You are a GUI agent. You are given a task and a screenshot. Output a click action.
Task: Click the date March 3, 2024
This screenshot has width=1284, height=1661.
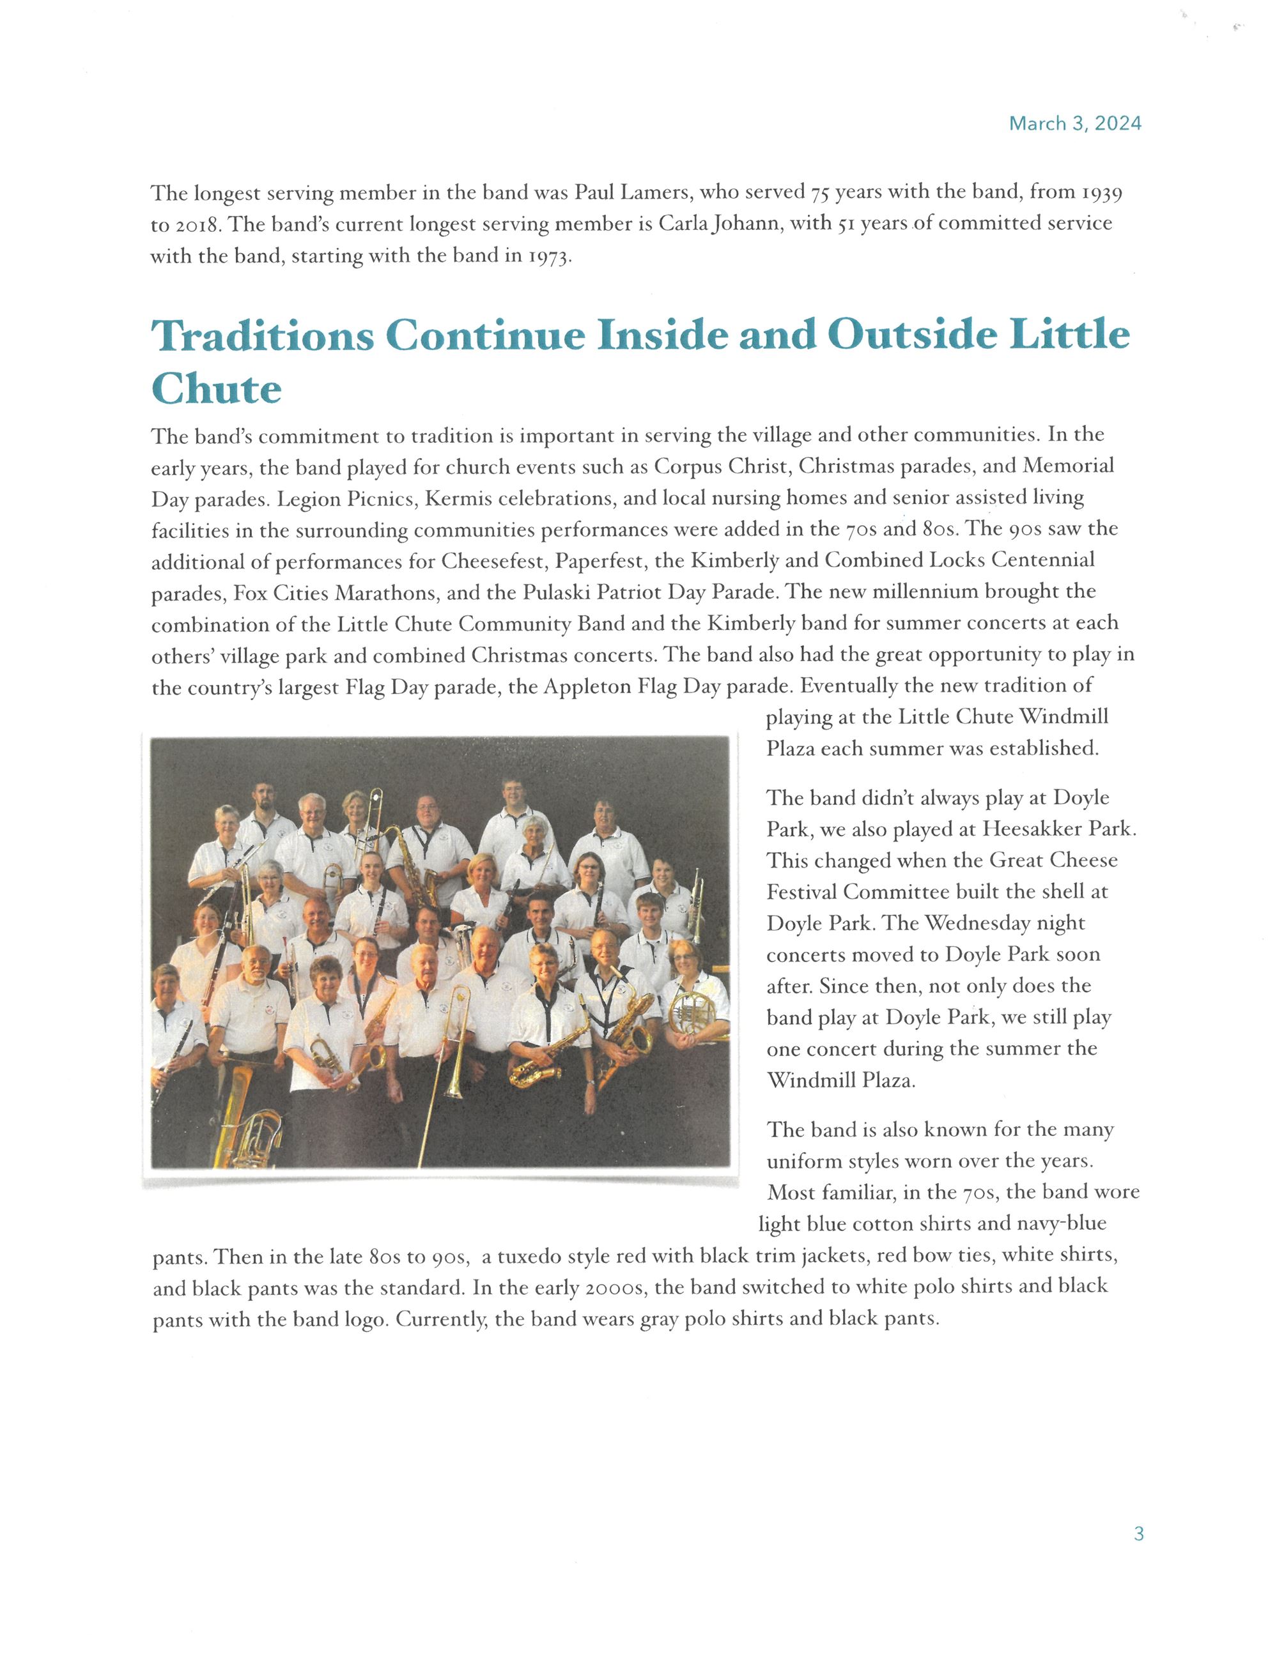(1074, 124)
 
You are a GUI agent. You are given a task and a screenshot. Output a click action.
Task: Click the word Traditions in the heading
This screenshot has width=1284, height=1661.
(263, 335)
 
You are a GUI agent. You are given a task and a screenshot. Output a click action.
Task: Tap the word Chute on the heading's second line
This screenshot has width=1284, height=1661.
(216, 390)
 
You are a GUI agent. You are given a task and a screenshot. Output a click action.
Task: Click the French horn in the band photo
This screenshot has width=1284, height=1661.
(692, 1011)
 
